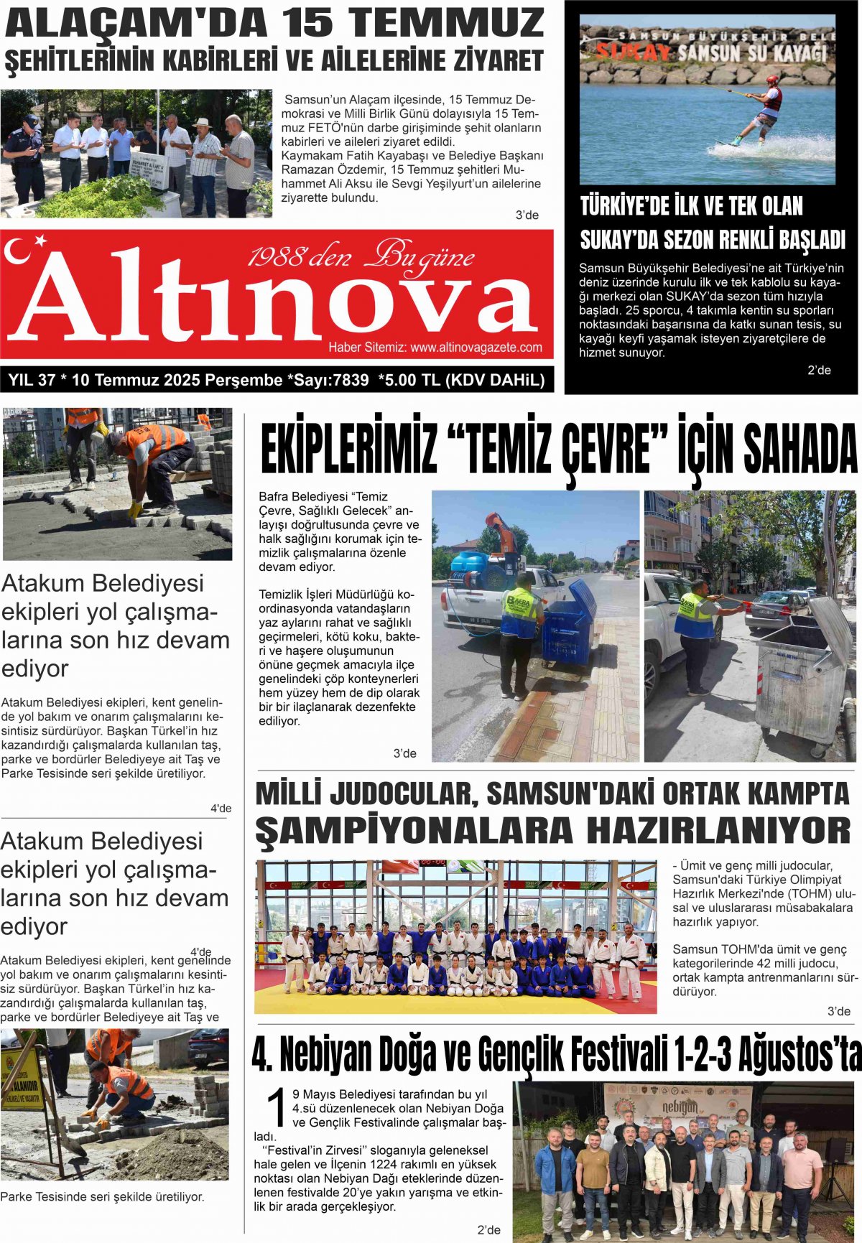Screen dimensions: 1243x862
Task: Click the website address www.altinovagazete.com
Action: click(476, 348)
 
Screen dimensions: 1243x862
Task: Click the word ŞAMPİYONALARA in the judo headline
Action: click(413, 831)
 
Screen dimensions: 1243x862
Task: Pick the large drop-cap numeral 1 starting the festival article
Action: click(277, 1109)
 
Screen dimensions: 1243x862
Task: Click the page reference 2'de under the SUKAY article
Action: click(819, 371)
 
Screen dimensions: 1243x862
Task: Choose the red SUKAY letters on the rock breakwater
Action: click(632, 52)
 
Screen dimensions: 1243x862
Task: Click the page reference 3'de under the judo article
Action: click(838, 1011)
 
